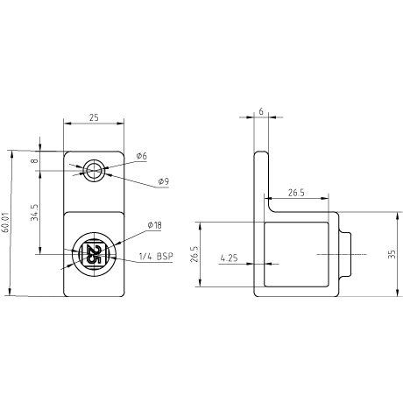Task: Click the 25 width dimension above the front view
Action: click(x=94, y=117)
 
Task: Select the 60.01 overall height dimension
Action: click(x=5, y=222)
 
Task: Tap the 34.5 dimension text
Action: click(x=34, y=212)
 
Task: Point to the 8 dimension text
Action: click(x=34, y=160)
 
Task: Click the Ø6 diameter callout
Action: click(x=141, y=156)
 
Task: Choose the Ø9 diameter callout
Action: click(x=164, y=181)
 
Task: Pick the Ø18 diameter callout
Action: click(x=154, y=225)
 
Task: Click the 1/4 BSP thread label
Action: click(x=156, y=257)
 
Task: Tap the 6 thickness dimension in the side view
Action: click(x=261, y=111)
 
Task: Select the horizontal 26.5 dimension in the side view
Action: click(x=296, y=193)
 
